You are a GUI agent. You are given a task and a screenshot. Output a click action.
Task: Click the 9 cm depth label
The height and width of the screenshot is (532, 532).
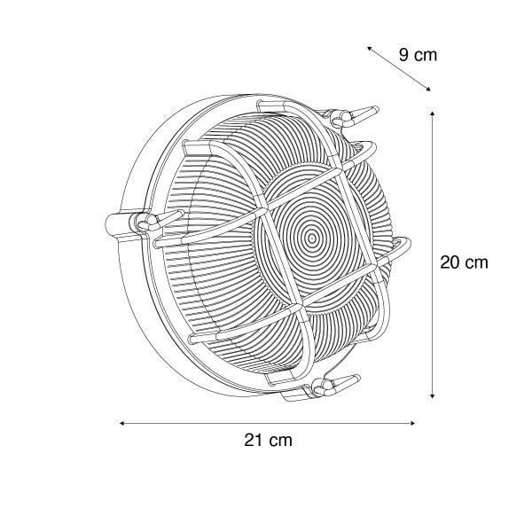[x=418, y=55]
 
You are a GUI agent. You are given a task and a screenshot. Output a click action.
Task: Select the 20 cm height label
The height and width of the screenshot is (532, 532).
[x=464, y=262]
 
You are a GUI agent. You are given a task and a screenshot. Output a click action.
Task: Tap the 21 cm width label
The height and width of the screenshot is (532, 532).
[x=269, y=440]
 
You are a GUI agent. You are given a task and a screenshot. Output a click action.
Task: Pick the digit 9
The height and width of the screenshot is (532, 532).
[x=404, y=55]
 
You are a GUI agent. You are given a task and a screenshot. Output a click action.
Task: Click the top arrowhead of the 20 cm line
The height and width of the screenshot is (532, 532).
[x=432, y=113]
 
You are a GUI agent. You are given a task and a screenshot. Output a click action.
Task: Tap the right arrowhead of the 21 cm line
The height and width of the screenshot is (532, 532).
[x=414, y=423]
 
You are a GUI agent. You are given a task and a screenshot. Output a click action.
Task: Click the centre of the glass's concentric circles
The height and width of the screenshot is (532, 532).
[x=312, y=238]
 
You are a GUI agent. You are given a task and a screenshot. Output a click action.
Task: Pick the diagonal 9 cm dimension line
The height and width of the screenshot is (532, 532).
[x=398, y=69]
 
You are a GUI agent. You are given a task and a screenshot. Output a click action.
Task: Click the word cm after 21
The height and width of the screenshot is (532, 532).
[x=281, y=440]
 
